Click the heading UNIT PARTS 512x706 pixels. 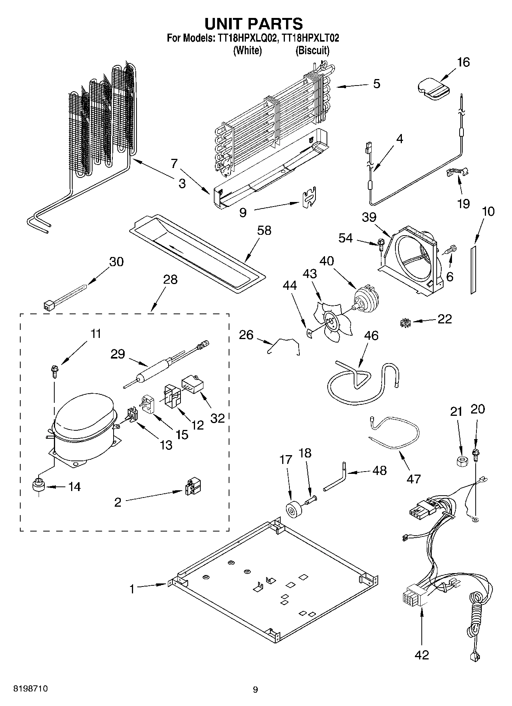click(254, 23)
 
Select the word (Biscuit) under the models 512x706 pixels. click(312, 50)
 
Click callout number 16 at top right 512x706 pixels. click(463, 62)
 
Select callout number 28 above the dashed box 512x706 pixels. click(170, 279)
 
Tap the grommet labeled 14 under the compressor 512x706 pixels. click(38, 487)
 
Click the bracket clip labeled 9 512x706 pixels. click(309, 198)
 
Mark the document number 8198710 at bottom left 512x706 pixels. click(31, 689)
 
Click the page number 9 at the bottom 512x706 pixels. click(255, 689)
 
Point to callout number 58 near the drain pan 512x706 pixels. click(264, 230)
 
